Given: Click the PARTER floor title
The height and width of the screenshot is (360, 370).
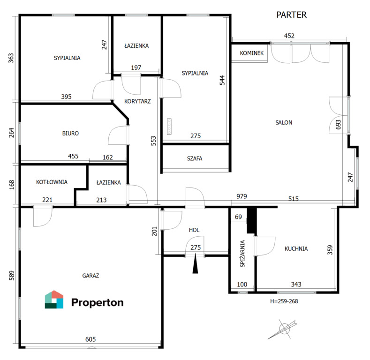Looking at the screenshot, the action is [291, 15].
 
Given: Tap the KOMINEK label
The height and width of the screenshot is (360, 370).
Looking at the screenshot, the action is [251, 53].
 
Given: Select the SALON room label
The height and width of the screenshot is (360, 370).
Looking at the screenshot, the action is [284, 122].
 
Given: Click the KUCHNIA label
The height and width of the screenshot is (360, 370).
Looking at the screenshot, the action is [296, 248].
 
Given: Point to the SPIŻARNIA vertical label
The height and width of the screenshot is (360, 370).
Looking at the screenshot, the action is [242, 254].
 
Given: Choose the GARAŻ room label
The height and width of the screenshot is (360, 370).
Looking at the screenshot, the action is [91, 276].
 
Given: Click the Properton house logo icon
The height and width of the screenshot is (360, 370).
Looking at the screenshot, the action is [54, 300].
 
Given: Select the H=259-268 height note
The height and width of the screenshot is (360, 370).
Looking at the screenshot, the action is [284, 301].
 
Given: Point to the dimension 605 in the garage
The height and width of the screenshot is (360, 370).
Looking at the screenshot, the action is [91, 339].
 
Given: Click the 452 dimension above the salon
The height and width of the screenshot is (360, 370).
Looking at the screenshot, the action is [289, 36].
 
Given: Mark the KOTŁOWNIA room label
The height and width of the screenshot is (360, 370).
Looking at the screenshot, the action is [52, 182].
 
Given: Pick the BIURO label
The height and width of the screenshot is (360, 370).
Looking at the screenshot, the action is [70, 134].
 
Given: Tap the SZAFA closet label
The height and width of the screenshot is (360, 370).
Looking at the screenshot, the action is [195, 158].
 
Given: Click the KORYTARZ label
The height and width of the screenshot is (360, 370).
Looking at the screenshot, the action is [137, 101].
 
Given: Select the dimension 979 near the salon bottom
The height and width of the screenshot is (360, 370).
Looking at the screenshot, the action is [242, 196].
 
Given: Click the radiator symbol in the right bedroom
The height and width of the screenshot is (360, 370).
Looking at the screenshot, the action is [169, 127].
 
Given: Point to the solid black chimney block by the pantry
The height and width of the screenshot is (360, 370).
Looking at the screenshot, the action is [251, 221].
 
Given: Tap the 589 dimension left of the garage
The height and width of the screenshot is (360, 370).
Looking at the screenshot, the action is [12, 276].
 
